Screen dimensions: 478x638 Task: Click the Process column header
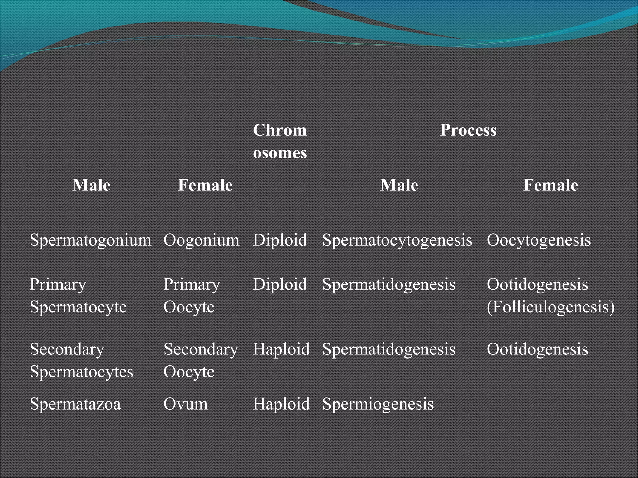coord(468,130)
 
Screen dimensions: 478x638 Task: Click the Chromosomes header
coord(280,141)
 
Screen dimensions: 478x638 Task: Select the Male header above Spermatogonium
coord(91,185)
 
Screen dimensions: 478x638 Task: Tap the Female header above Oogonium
coord(205,185)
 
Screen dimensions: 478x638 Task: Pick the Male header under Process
coord(399,185)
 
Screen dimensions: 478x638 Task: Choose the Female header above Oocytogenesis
coord(550,185)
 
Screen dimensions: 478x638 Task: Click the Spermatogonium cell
coord(90,240)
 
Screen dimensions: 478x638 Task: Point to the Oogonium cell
coord(201,240)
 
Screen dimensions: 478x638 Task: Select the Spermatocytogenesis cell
coord(397,240)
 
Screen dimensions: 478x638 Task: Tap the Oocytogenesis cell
coord(539,240)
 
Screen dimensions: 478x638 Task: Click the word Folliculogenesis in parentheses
coord(550,307)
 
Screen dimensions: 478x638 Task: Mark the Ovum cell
coord(185,404)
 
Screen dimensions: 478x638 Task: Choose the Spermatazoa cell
coord(75,404)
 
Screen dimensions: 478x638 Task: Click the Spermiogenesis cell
coord(378,404)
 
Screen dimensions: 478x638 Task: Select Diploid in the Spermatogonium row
coord(280,240)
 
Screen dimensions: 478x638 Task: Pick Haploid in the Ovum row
coord(281,404)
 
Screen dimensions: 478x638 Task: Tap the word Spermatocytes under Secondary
coord(81,372)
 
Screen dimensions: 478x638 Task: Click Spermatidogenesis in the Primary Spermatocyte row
coord(388,284)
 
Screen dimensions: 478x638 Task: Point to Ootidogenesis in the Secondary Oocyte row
coord(537,349)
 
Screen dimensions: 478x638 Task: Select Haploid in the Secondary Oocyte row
coord(281,349)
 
